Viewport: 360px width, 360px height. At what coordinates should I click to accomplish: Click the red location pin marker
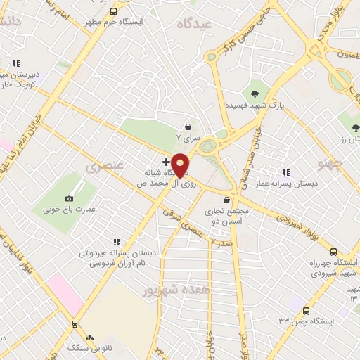coord(181,165)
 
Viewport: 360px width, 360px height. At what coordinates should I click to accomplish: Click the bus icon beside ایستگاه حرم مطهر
coord(114,11)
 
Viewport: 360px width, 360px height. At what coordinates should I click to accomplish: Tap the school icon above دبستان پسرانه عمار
coord(285,172)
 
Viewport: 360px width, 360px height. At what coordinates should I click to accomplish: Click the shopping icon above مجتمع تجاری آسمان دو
coord(227,200)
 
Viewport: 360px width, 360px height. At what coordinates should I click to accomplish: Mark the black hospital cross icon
coord(166,162)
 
